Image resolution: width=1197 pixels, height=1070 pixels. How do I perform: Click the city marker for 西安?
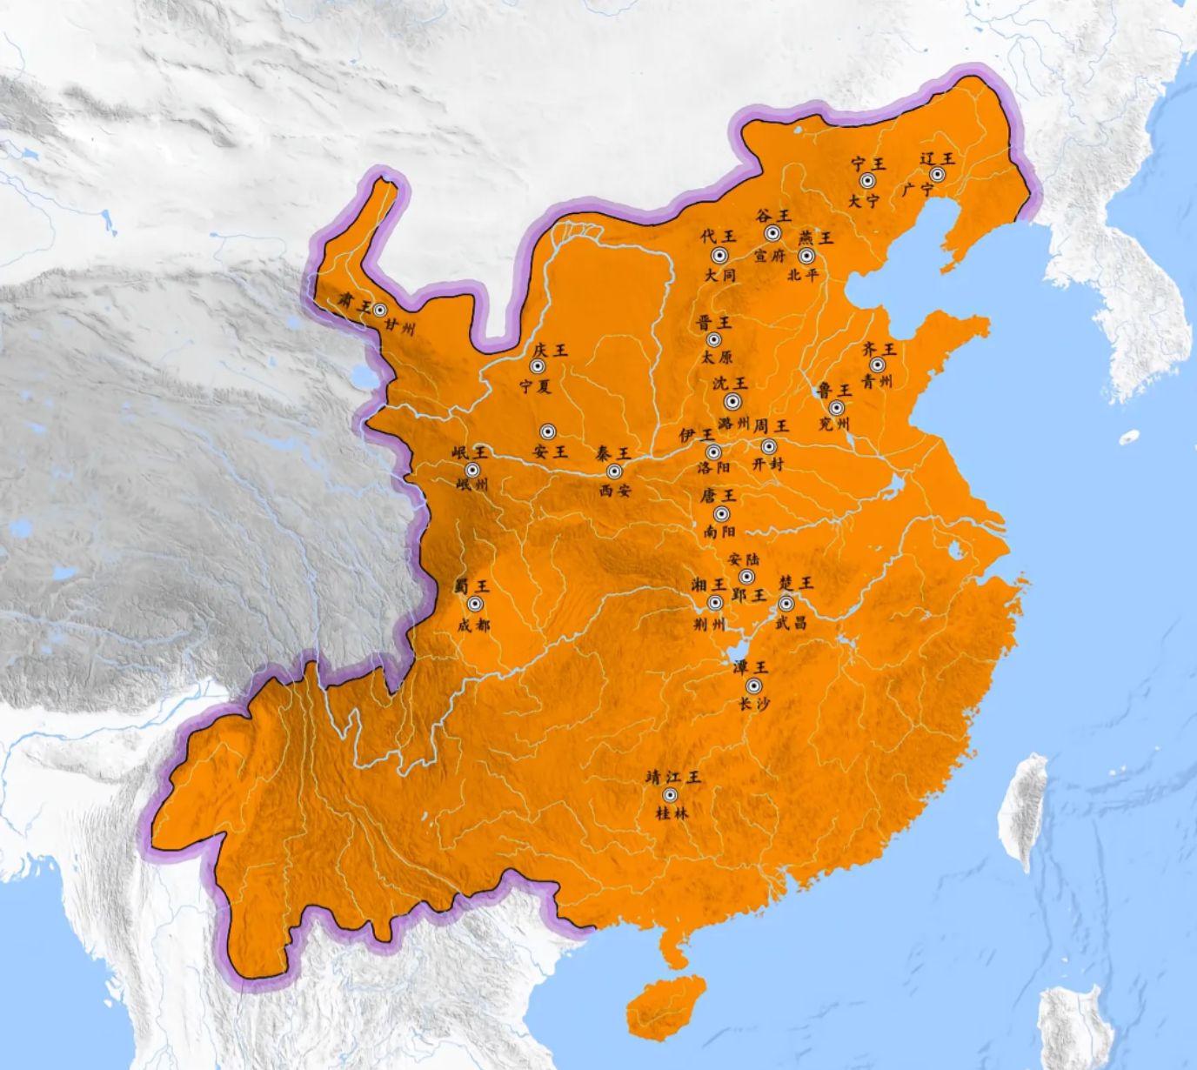pyautogui.click(x=614, y=471)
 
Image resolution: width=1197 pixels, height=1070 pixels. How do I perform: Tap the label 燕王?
pyautogui.click(x=816, y=237)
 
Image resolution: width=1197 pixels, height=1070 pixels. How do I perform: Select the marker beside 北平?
pyautogui.click(x=806, y=256)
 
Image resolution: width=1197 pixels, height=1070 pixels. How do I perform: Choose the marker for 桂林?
pyautogui.click(x=670, y=795)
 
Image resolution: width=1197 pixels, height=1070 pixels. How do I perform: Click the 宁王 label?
pyautogui.click(x=867, y=162)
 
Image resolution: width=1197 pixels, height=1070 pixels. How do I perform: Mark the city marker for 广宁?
pyautogui.click(x=937, y=175)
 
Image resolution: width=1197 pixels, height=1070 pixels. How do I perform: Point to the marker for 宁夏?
pyautogui.click(x=538, y=367)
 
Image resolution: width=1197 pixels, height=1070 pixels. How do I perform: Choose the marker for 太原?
pyautogui.click(x=714, y=339)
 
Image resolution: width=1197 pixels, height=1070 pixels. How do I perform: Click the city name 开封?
pyautogui.click(x=767, y=465)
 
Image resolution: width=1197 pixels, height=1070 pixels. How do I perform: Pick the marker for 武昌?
pyautogui.click(x=786, y=603)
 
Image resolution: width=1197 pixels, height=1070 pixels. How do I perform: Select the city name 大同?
pyautogui.click(x=719, y=276)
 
